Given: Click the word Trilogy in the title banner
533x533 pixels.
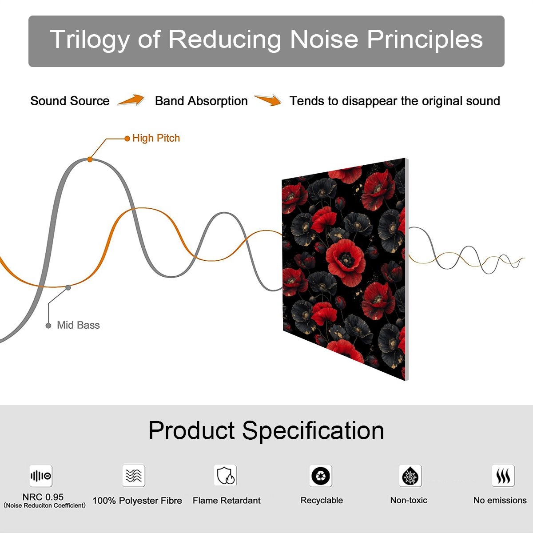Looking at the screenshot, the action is pyautogui.click(x=90, y=40).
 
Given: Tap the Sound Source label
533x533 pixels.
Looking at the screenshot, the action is pyautogui.click(x=70, y=101).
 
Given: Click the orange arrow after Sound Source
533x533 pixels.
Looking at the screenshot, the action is pyautogui.click(x=131, y=100).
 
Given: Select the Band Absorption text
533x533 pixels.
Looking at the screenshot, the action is pyautogui.click(x=201, y=101).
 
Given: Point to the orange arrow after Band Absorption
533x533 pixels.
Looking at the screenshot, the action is pyautogui.click(x=268, y=100).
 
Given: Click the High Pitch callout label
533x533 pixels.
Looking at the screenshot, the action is pyautogui.click(x=156, y=138).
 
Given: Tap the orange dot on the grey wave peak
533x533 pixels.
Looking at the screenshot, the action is pyautogui.click(x=90, y=159).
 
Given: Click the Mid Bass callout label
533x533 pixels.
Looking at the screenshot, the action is pyautogui.click(x=78, y=325).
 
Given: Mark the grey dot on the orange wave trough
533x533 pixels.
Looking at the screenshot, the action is pyautogui.click(x=68, y=288).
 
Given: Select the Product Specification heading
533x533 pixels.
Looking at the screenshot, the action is pyautogui.click(x=266, y=431).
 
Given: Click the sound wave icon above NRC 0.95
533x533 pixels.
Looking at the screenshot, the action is pyautogui.click(x=41, y=476).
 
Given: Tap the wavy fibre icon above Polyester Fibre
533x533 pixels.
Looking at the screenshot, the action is pyautogui.click(x=134, y=475).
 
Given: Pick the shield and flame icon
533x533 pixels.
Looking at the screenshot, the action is pyautogui.click(x=226, y=475).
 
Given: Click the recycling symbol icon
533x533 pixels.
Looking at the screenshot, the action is pyautogui.click(x=321, y=476).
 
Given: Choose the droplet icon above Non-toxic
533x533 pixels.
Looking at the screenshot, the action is pyautogui.click(x=410, y=476).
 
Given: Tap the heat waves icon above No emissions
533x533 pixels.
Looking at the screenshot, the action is pyautogui.click(x=503, y=475).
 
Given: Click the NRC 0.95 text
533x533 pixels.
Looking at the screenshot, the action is pyautogui.click(x=43, y=497).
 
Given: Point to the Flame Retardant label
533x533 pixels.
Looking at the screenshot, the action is pyautogui.click(x=227, y=501).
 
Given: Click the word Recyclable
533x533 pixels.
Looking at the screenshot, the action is pyautogui.click(x=322, y=501).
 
